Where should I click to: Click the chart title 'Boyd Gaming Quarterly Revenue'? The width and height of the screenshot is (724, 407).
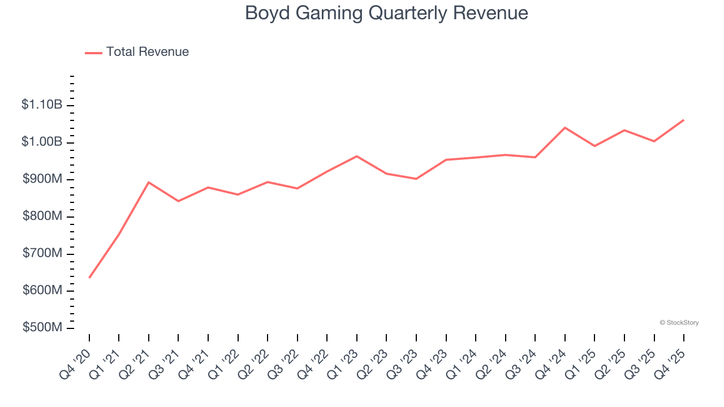[x=386, y=13]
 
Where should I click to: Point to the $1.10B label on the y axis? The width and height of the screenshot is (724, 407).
[x=42, y=105]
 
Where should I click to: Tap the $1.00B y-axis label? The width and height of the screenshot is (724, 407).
[x=42, y=142]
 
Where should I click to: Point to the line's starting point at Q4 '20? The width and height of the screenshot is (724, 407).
[x=89, y=278]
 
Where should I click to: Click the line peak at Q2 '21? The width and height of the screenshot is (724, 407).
[x=149, y=182]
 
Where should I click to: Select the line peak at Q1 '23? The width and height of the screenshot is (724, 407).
[x=357, y=156]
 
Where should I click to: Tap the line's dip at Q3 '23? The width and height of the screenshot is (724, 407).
[x=416, y=179]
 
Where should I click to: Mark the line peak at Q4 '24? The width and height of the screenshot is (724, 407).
[x=565, y=128]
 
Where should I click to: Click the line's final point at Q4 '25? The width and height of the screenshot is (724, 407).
[x=684, y=120]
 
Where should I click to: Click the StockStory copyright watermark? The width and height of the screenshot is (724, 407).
[x=679, y=323]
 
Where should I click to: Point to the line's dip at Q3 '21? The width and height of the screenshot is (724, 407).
[x=178, y=201]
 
